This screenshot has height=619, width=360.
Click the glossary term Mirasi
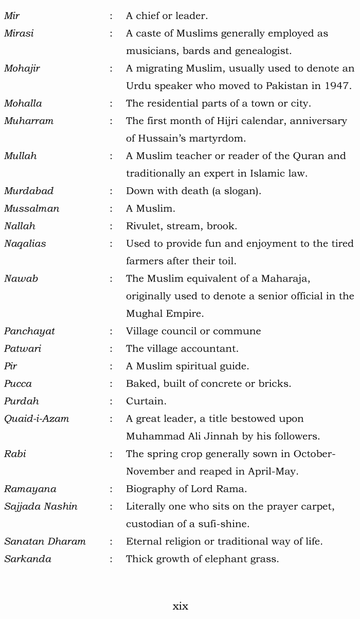point(19,33)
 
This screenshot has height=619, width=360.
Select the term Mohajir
point(22,68)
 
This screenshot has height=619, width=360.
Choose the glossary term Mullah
point(20,156)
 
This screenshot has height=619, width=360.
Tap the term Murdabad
point(28,191)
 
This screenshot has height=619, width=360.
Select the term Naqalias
point(25,243)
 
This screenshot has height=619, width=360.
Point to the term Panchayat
point(29,331)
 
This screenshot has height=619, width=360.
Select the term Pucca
point(17,383)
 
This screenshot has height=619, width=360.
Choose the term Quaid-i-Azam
point(36,419)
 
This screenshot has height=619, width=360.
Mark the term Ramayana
point(30,489)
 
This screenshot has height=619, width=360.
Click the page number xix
point(180,606)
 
